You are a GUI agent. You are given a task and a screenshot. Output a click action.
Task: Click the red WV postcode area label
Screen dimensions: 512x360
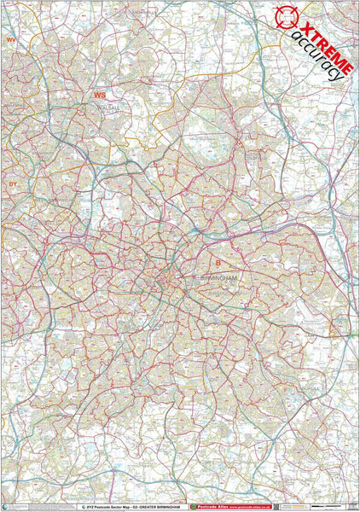pyautogui.click(x=11, y=40)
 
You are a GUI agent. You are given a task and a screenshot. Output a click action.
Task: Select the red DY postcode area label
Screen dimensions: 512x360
pyautogui.click(x=13, y=183)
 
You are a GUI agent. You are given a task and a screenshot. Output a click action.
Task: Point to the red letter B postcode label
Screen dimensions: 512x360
pyautogui.click(x=218, y=263)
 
